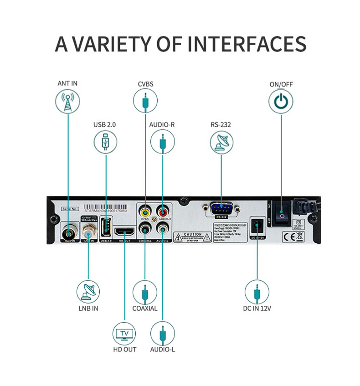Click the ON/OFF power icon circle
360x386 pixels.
[281, 102]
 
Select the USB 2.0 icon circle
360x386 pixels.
[106, 142]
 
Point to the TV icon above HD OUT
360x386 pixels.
[124, 335]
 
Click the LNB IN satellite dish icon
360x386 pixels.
[88, 292]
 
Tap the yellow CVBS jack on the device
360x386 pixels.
[145, 212]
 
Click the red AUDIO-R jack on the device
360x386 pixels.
[162, 212]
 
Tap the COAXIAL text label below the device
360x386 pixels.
[145, 308]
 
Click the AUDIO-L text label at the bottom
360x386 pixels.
[163, 350]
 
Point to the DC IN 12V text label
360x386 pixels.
[257, 309]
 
